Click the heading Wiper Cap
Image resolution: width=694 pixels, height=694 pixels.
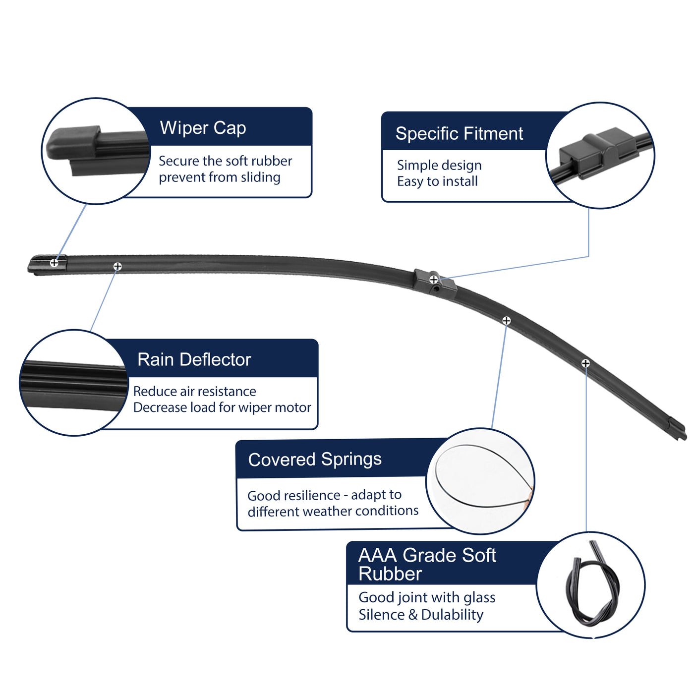[x=203, y=128]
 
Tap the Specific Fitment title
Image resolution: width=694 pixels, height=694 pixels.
[x=459, y=133]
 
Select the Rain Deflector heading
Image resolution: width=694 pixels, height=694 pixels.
[x=194, y=359]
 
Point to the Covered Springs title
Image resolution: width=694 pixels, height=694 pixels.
[x=315, y=459]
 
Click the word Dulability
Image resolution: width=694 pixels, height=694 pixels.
[x=452, y=615]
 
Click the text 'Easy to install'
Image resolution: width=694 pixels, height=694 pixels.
[x=437, y=181]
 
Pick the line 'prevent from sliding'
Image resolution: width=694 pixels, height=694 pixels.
[x=220, y=177]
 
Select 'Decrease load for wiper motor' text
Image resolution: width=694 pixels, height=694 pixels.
[x=222, y=407]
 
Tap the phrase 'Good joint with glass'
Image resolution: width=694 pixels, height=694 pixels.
[x=427, y=597]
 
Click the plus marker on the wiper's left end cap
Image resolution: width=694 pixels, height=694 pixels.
[x=54, y=263]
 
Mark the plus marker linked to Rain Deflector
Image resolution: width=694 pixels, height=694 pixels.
[x=117, y=267]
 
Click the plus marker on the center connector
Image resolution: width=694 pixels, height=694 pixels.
[x=434, y=280]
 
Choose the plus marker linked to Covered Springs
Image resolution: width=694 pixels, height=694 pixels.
[x=506, y=321]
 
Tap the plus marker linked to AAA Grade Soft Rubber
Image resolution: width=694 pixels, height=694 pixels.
[x=585, y=363]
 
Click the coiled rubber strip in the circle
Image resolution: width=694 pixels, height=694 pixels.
[x=592, y=585]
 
